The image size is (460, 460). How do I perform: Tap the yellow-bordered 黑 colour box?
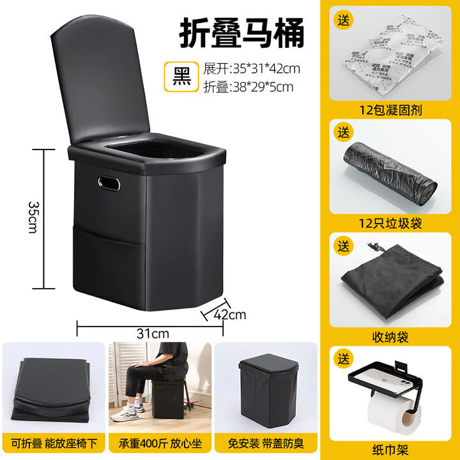pyautogui.click(x=180, y=76)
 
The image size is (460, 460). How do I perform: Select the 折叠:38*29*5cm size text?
pyautogui.click(x=249, y=86)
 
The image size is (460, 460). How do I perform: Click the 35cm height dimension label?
pyautogui.click(x=33, y=217)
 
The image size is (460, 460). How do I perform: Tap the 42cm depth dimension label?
pyautogui.click(x=231, y=314)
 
